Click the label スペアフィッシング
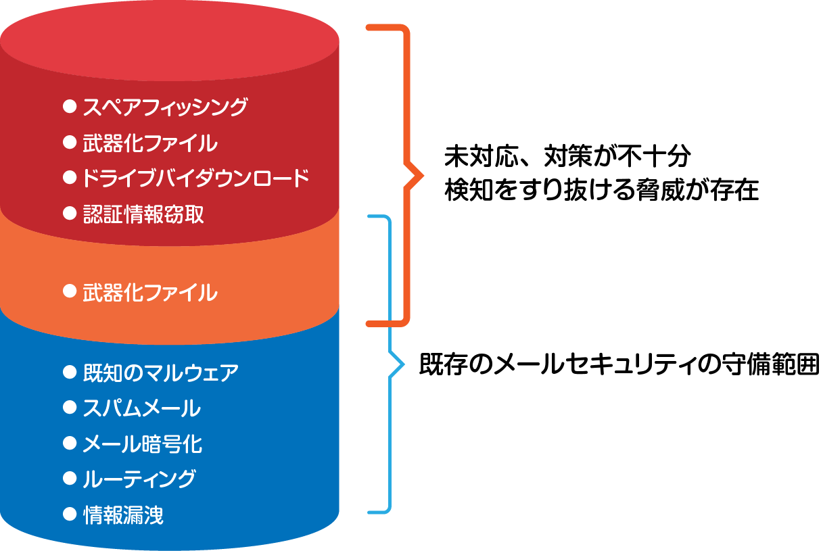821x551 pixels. [x=165, y=107]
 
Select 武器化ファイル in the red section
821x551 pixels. [x=150, y=143]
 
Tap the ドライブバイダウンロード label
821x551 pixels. [x=195, y=178]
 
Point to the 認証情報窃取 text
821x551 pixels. [x=143, y=214]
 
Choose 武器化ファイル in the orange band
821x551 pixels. [x=150, y=293]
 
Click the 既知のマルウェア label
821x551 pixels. [x=160, y=372]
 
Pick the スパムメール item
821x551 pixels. [x=141, y=408]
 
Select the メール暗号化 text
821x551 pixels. [x=142, y=444]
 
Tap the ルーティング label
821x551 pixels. [x=139, y=479]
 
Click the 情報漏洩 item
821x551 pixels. [x=123, y=515]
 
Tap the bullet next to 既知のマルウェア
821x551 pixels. [x=68, y=370]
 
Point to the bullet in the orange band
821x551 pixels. [x=68, y=291]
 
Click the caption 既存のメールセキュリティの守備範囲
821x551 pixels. [x=618, y=365]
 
